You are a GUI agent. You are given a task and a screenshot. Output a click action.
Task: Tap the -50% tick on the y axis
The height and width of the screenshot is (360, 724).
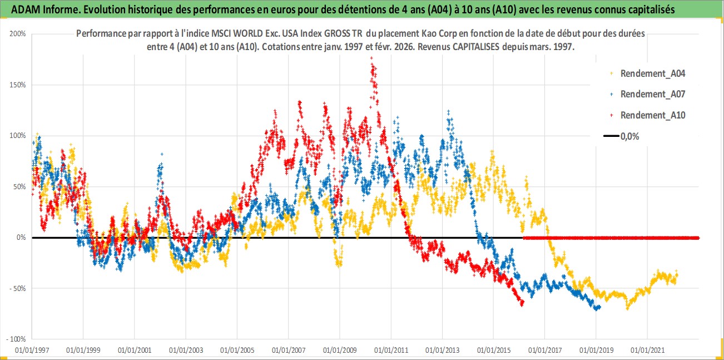point(18,288)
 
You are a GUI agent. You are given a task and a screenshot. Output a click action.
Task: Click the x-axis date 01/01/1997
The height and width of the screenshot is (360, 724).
point(32,351)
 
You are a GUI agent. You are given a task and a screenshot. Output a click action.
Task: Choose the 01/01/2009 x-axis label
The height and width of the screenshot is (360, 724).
point(339,351)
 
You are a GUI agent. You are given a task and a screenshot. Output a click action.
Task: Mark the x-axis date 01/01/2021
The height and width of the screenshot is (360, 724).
point(647,351)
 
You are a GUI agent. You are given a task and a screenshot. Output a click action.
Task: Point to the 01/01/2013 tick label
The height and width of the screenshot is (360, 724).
point(442,351)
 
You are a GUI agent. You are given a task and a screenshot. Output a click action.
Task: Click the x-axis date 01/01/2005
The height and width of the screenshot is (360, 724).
point(237,351)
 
